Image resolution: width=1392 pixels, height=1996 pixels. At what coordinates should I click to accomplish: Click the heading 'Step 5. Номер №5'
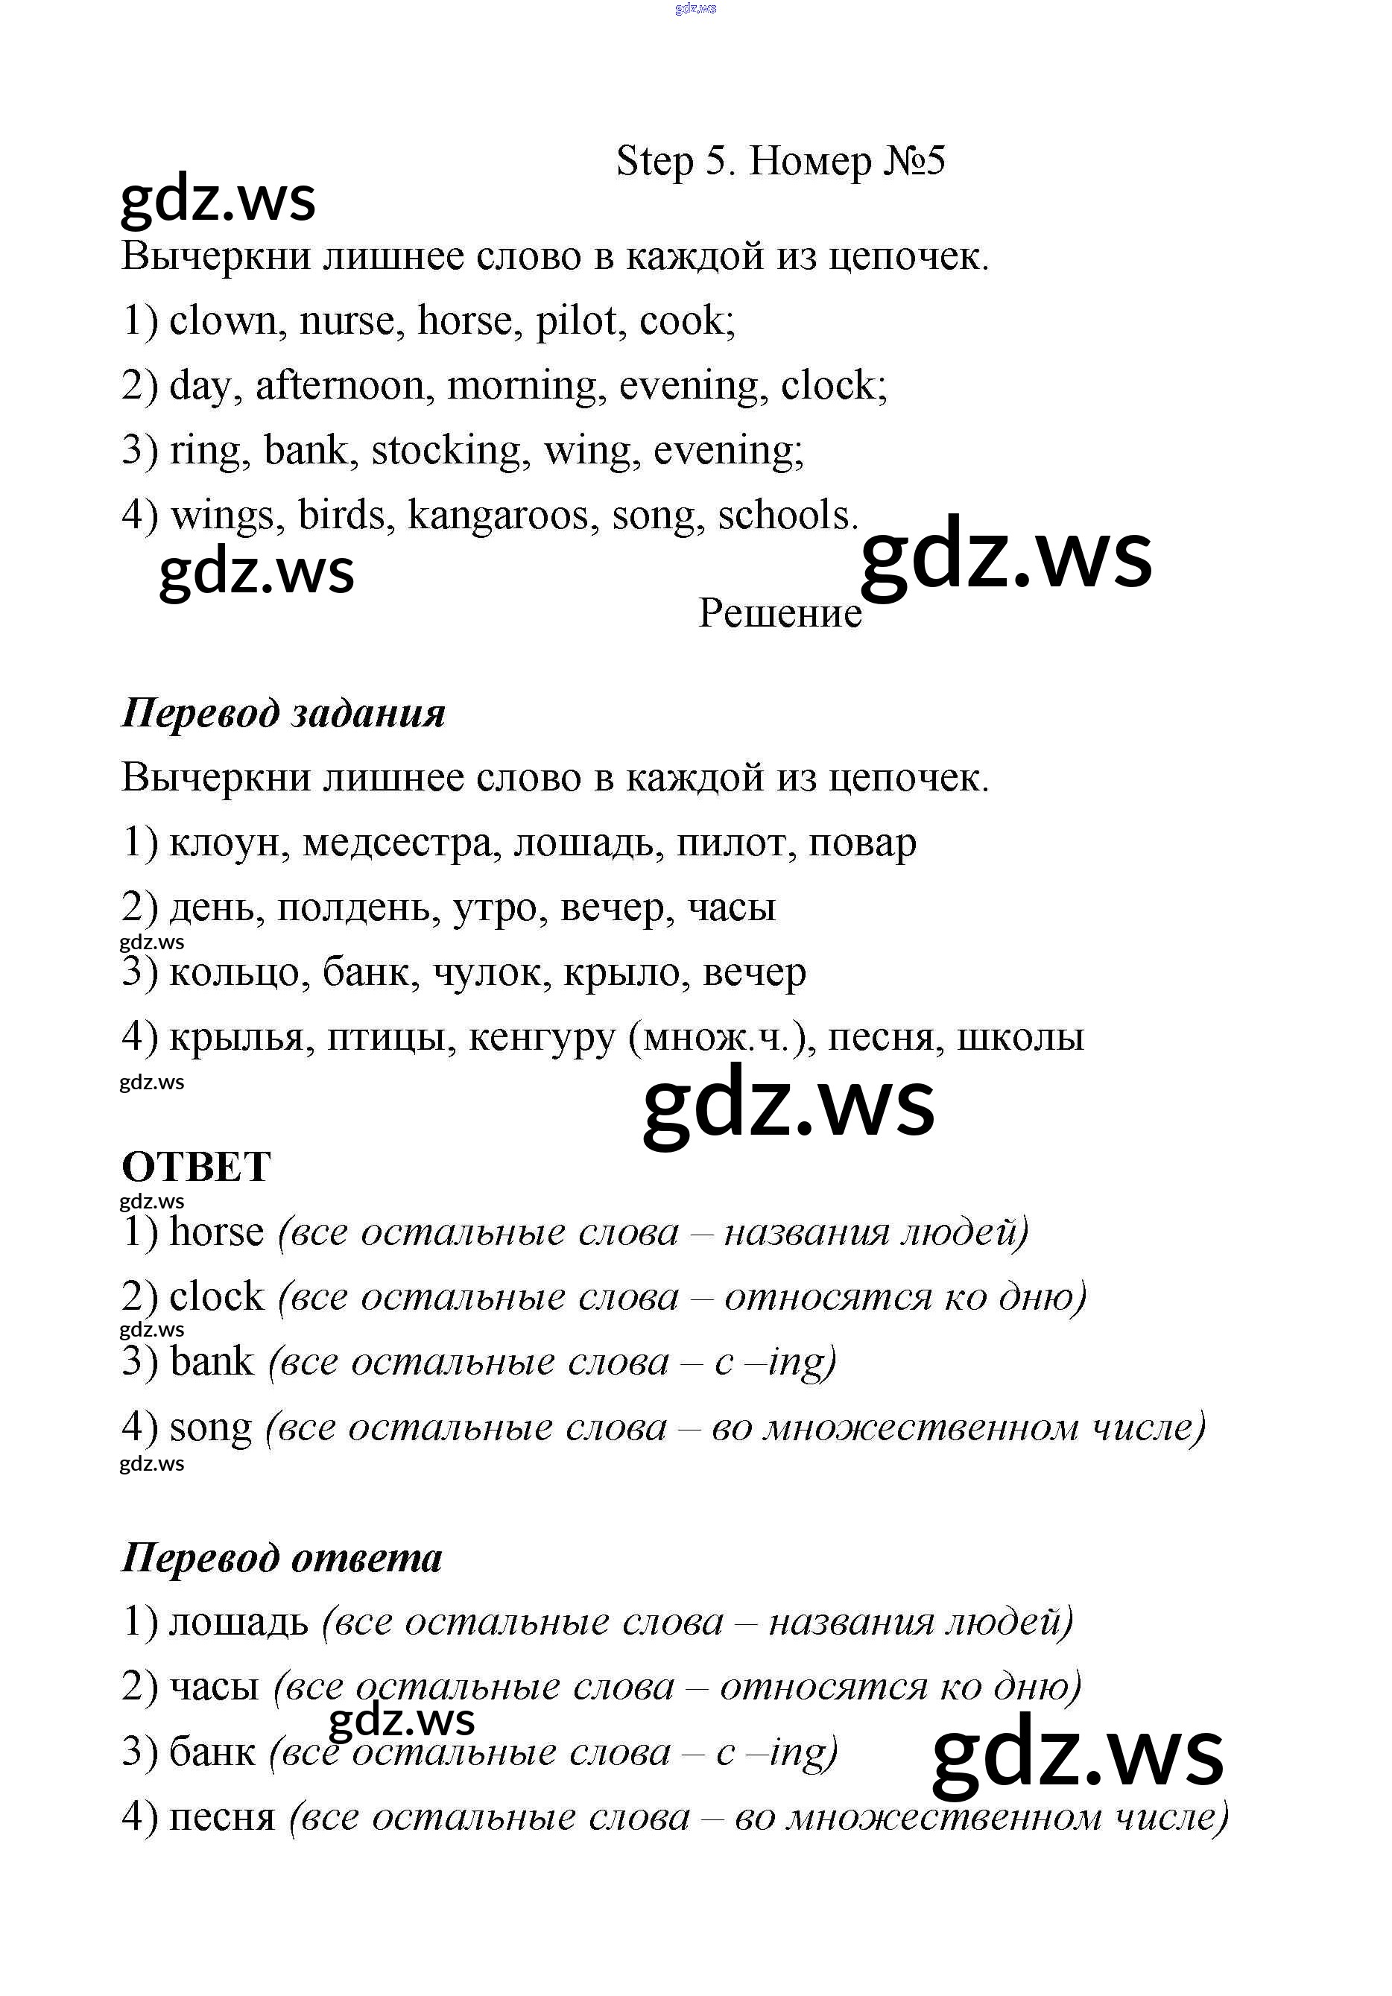(780, 162)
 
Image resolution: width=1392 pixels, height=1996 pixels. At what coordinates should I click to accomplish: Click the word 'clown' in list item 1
(223, 321)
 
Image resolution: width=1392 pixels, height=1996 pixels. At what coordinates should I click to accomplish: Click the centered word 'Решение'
(780, 614)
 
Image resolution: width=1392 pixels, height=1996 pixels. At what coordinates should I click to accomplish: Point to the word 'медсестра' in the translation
(402, 843)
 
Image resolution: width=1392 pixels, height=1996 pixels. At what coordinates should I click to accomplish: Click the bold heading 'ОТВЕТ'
(197, 1167)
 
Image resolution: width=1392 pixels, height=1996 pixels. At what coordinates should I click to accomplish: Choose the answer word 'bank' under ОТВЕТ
(212, 1362)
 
